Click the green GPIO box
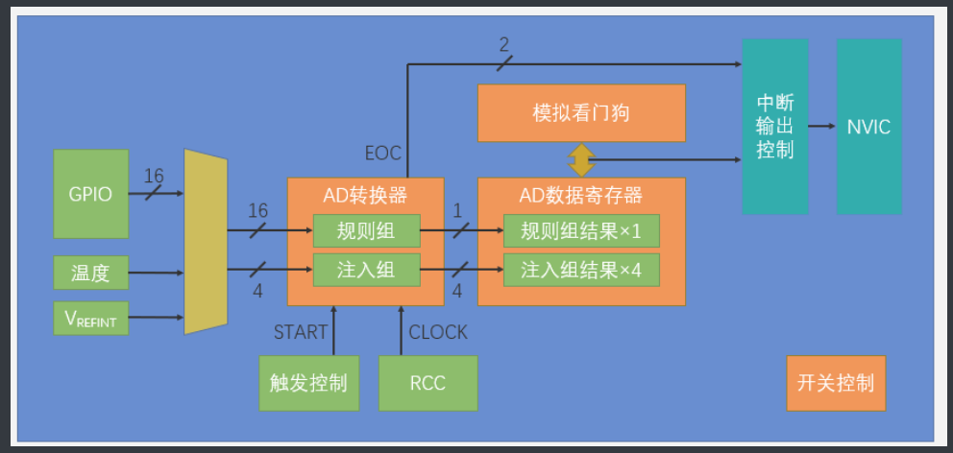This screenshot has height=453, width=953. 91,193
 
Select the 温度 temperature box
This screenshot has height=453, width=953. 91,274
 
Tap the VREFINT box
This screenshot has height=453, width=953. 91,319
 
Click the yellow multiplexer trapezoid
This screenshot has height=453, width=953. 205,242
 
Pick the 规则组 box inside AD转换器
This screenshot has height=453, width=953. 366,230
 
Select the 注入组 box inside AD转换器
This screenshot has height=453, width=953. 366,270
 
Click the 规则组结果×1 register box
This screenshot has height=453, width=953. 581,230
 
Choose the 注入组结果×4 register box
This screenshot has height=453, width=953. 581,270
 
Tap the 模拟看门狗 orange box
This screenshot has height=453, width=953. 581,112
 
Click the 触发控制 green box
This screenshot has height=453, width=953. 303,383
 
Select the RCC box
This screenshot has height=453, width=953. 428,383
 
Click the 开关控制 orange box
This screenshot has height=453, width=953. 836,383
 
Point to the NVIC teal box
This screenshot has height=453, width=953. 868,127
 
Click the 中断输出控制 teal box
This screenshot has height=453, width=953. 774,127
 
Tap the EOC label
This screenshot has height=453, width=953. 382,153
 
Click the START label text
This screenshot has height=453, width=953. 301,333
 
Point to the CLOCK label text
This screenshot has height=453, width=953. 438,333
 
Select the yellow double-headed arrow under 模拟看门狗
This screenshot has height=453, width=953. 581,159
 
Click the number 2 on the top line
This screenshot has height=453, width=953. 503,45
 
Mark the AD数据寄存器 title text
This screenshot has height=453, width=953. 581,196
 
